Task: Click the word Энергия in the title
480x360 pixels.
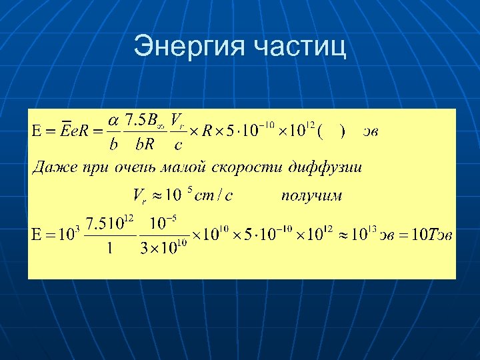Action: pyautogui.click(x=189, y=46)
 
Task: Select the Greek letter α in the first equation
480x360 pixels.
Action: pyautogui.click(x=114, y=120)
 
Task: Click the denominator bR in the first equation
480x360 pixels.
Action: pyautogui.click(x=145, y=144)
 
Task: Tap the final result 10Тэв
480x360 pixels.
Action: pyautogui.click(x=433, y=235)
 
